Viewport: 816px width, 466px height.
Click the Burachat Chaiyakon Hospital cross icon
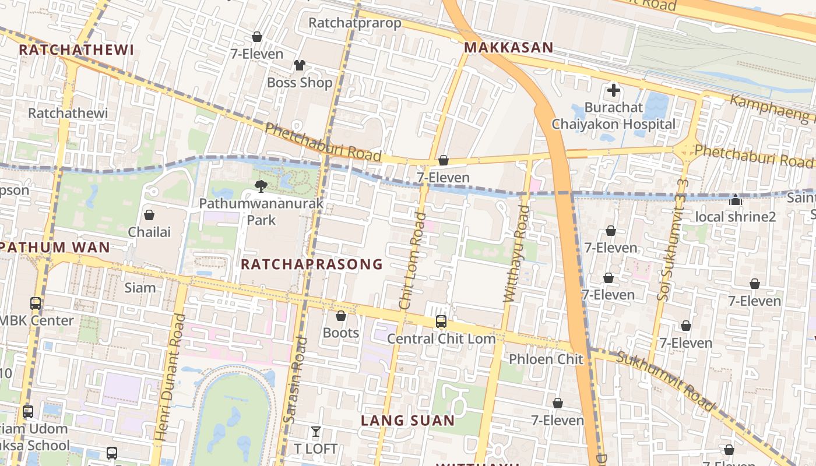(x=613, y=90)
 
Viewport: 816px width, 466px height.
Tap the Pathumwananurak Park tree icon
(x=261, y=186)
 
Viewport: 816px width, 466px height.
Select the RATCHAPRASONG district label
(x=312, y=264)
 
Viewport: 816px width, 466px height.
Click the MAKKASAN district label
(x=509, y=48)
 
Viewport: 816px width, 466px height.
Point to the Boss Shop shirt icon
(x=299, y=65)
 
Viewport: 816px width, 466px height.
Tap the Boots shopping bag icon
(x=341, y=316)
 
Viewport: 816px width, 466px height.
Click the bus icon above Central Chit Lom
(x=441, y=321)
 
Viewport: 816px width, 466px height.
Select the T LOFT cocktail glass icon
(x=315, y=432)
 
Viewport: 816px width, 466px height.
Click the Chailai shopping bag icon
(x=149, y=215)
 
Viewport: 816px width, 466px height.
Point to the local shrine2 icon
(x=736, y=200)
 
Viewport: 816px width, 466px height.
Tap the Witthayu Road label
(x=516, y=253)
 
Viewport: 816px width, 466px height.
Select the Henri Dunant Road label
(x=170, y=377)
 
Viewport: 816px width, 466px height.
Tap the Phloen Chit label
(x=546, y=359)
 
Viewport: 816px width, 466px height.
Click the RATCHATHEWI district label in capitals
(x=76, y=50)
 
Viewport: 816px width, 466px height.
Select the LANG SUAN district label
(x=407, y=420)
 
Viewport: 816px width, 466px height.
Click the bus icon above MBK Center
(x=36, y=303)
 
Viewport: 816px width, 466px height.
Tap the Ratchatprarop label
(x=355, y=23)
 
